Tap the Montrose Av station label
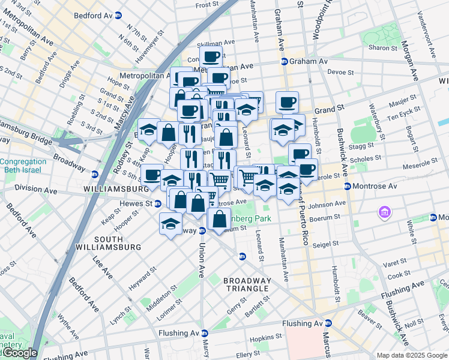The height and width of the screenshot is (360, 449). point(373,186)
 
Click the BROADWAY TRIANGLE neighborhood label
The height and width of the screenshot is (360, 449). point(247,284)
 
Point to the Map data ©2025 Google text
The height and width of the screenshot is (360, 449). point(412,355)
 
